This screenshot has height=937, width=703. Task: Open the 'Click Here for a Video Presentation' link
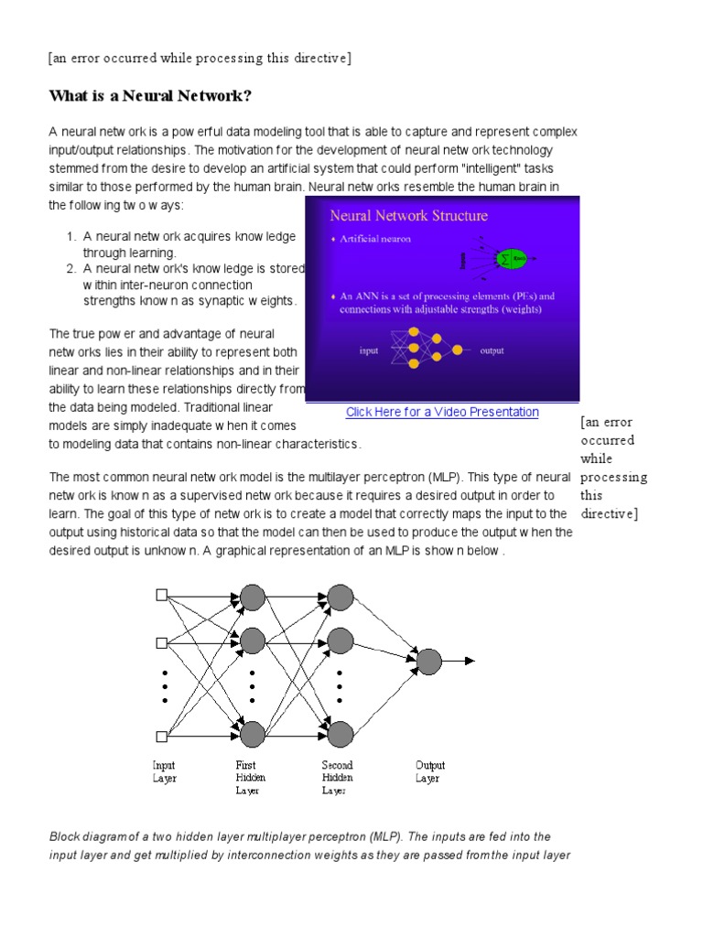pos(442,412)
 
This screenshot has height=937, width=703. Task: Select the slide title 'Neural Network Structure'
pos(408,216)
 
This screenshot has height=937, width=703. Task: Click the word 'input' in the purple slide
pos(369,350)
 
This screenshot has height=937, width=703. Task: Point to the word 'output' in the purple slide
pos(492,350)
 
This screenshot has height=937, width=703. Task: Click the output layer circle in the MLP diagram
pos(428,661)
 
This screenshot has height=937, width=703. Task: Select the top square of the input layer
pos(161,595)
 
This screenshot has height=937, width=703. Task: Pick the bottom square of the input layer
pos(161,735)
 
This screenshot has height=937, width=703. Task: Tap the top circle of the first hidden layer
pos(252,598)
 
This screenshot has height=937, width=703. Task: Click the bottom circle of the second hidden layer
pos(341,734)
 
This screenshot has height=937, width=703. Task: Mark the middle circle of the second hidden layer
pos(341,640)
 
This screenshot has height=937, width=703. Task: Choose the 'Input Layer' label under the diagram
pos(164,771)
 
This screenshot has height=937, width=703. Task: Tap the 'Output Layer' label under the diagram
pos(429,771)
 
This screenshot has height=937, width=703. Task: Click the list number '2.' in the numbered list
pos(70,269)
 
